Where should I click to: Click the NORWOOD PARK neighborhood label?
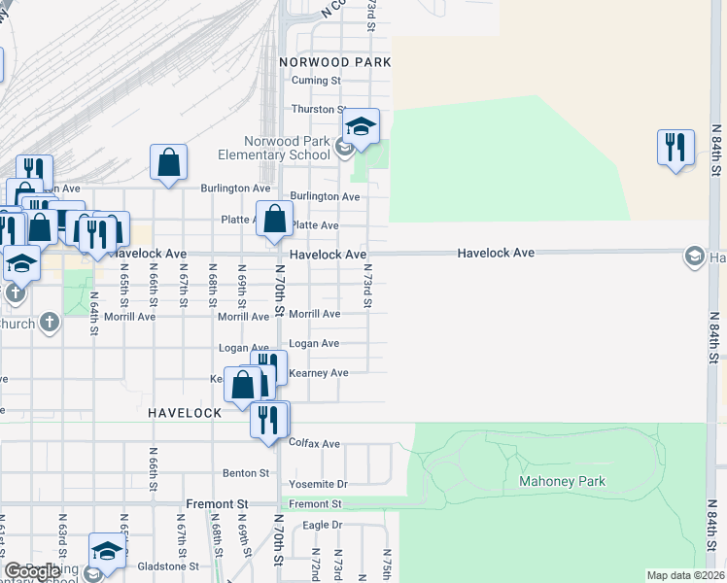tap(334, 61)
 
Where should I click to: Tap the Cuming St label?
tap(325, 81)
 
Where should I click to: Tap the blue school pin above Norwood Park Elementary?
tap(361, 127)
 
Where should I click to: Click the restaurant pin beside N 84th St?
tap(675, 148)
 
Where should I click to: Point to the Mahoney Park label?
tap(562, 481)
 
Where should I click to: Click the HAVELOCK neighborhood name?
tap(186, 413)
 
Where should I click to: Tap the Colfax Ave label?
tap(315, 443)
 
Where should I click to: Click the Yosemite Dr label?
tap(318, 484)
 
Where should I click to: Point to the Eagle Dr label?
tap(323, 525)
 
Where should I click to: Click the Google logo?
tap(33, 571)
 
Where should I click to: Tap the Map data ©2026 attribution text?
tap(686, 575)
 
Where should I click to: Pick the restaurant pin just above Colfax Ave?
tap(269, 420)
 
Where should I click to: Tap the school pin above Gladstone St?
tap(106, 550)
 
